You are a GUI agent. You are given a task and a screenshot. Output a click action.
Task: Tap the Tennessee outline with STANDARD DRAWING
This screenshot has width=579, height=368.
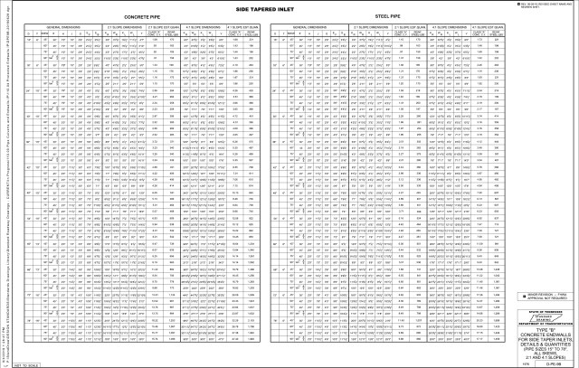(x=539, y=317)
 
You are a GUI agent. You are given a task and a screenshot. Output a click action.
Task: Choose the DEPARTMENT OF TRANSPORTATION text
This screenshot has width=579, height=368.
(x=539, y=326)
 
